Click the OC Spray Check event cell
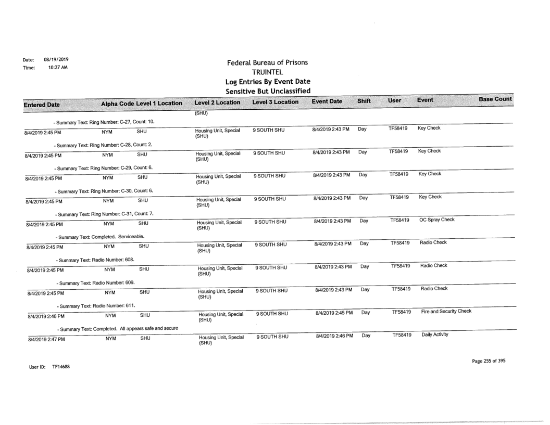437,220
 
